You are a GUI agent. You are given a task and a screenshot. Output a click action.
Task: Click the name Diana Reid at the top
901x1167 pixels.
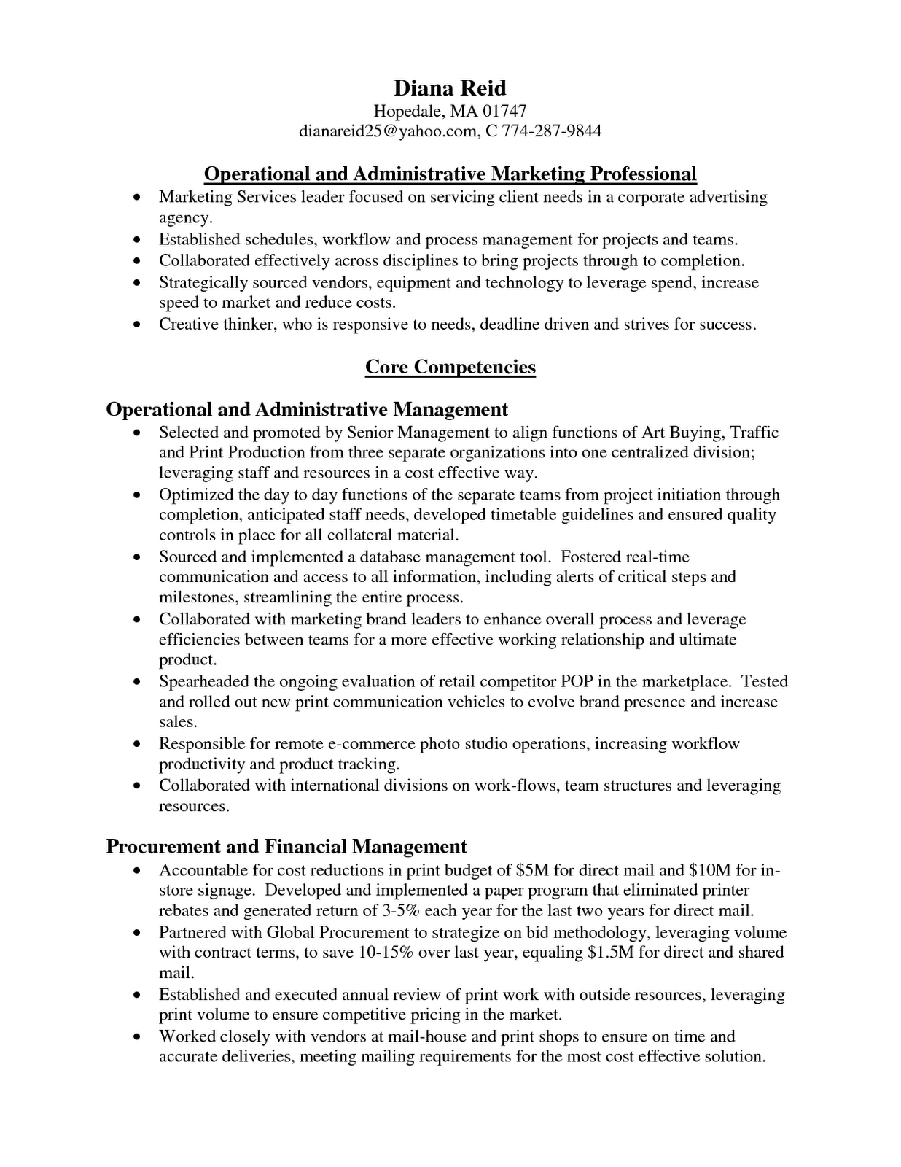pos(450,88)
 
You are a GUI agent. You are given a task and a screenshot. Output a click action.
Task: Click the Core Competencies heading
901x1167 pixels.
pos(450,366)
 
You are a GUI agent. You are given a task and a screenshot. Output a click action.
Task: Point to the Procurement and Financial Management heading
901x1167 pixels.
pos(286,846)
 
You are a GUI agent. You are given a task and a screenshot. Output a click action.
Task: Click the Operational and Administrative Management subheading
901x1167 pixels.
pos(307,409)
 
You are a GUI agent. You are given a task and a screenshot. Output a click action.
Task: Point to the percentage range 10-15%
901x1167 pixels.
pos(391,953)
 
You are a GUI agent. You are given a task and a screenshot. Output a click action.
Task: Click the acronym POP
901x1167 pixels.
pos(576,682)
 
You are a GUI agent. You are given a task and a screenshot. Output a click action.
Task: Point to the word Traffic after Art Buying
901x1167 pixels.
pos(754,433)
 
